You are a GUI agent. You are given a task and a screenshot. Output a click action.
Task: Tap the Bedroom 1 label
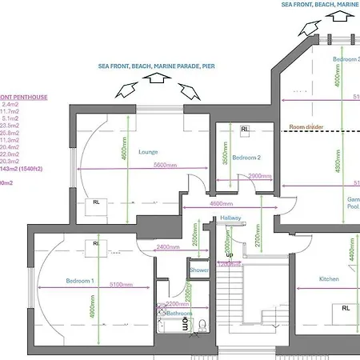(81, 281)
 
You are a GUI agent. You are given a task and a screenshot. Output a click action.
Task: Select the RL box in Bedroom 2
(244, 128)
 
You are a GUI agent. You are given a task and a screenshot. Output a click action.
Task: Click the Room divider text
(307, 126)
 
